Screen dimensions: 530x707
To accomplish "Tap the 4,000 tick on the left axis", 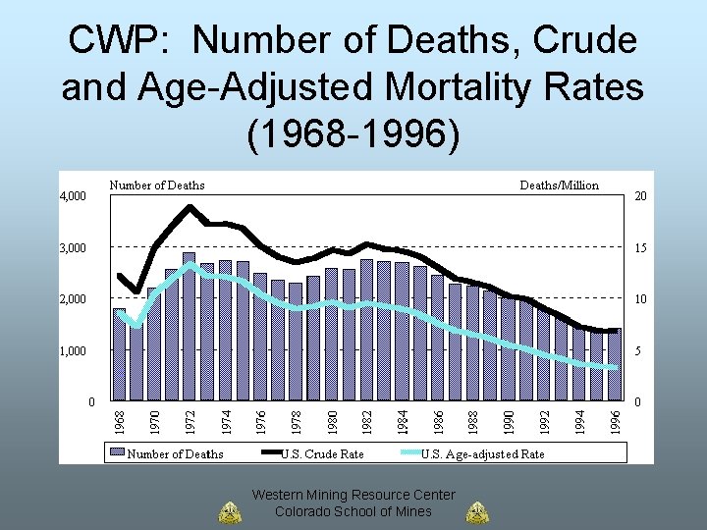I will [73, 196].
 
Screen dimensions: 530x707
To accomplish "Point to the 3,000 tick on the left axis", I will [73, 248].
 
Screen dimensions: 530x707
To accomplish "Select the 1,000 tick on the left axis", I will [73, 351].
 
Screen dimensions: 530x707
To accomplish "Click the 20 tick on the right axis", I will [640, 196].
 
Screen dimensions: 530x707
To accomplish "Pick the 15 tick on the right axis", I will [640, 248].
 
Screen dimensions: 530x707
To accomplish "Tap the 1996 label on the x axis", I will [615, 410].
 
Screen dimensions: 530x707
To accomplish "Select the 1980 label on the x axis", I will [332, 410].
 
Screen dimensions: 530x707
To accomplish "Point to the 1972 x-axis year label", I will [190, 410].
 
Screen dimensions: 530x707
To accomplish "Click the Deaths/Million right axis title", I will [559, 185].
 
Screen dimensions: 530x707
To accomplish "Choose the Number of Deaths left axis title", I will [157, 185].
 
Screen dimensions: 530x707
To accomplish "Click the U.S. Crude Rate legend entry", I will [322, 453].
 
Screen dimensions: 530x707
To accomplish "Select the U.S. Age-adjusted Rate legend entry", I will [482, 453].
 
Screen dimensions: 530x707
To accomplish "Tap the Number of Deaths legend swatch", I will [116, 453].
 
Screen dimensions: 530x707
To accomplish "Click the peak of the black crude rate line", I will [190, 206].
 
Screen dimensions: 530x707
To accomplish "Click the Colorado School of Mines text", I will [353, 511].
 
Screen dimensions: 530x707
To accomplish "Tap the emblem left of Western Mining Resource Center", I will [229, 512].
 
